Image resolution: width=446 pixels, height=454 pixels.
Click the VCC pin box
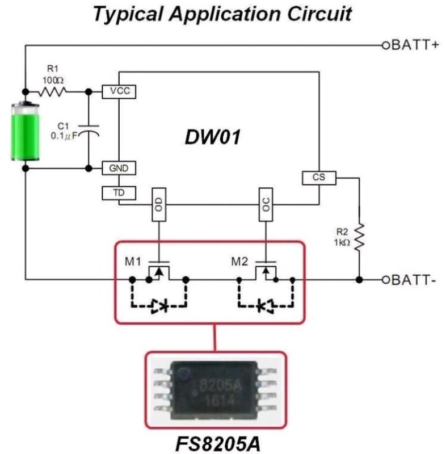click(x=119, y=91)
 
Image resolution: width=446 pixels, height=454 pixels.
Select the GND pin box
click(x=119, y=169)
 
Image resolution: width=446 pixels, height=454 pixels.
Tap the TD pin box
click(x=119, y=193)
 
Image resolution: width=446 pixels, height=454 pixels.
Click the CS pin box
click(x=319, y=178)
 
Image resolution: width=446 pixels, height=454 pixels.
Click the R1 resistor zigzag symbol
click(x=54, y=91)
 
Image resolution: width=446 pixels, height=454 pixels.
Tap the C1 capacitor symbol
click(x=89, y=131)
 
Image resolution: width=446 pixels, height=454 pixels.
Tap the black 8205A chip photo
click(x=216, y=389)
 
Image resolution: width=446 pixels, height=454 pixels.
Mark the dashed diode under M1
click(x=159, y=306)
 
